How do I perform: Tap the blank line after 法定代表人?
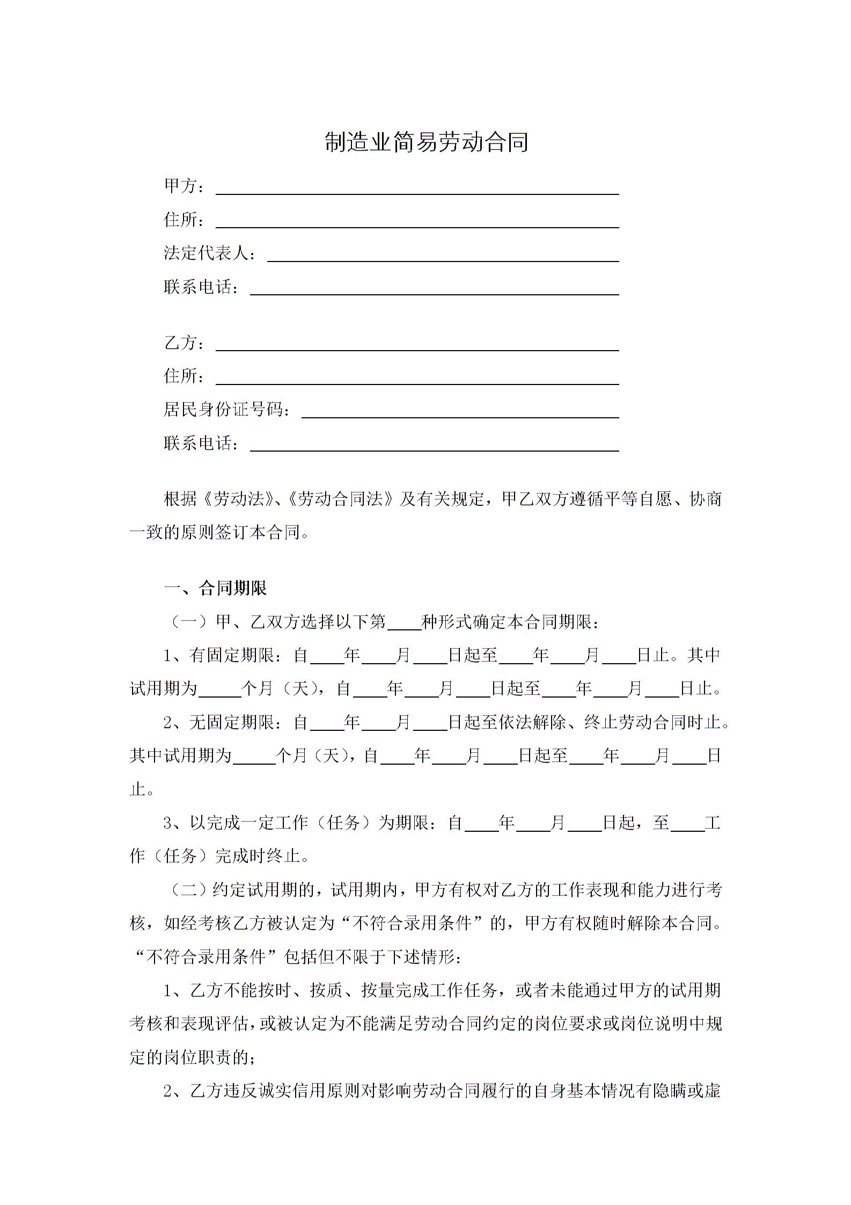(x=443, y=256)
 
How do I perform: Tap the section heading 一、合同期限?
(x=215, y=588)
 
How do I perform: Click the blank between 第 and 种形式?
(x=404, y=623)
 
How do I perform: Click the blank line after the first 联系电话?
(x=434, y=289)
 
